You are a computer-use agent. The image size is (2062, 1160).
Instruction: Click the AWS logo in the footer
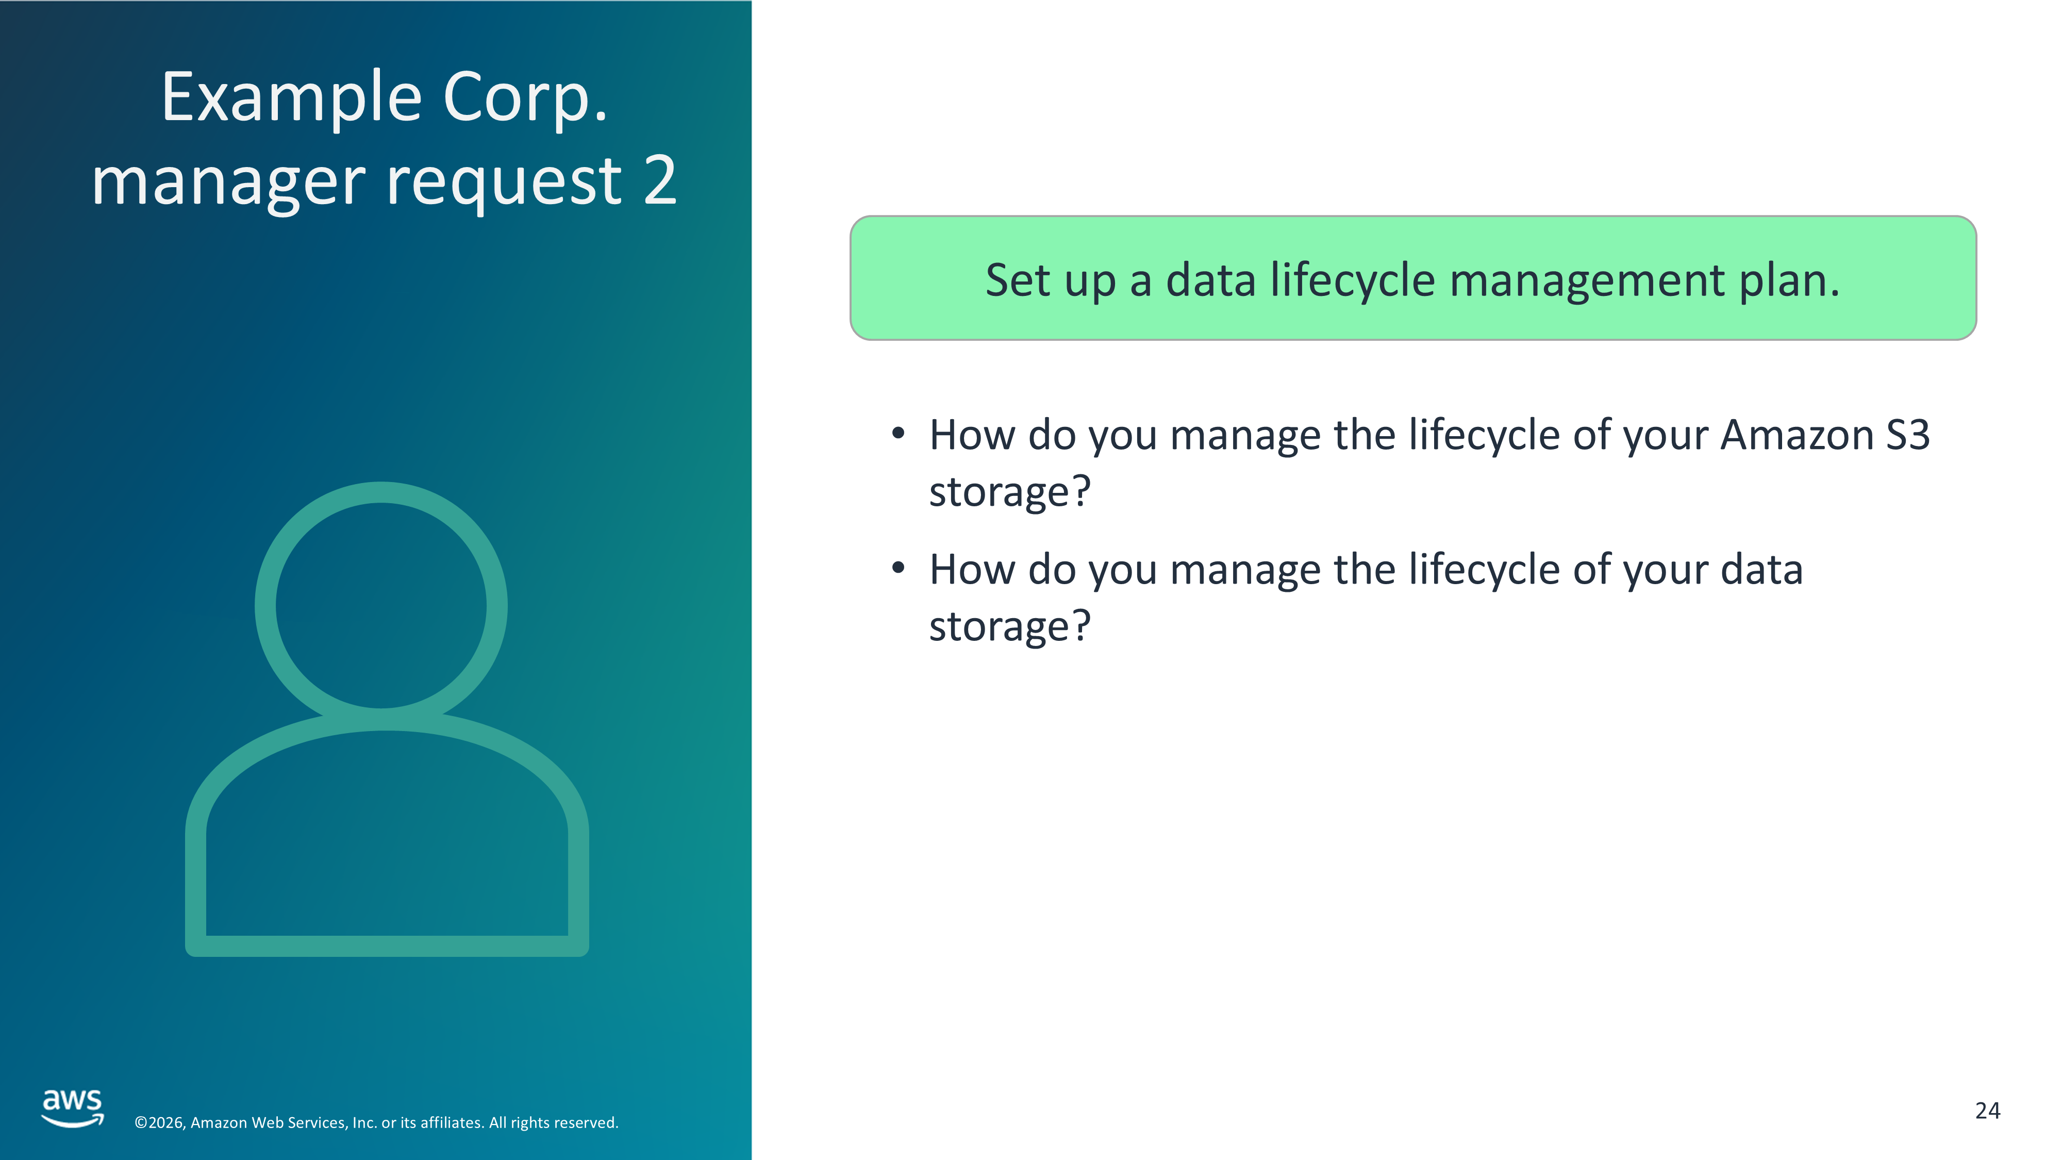tap(73, 1108)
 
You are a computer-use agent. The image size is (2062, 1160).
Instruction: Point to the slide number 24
tap(1988, 1111)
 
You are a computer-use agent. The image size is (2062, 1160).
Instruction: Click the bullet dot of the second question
tap(898, 568)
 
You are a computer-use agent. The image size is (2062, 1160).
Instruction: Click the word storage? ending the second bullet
tap(1009, 626)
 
